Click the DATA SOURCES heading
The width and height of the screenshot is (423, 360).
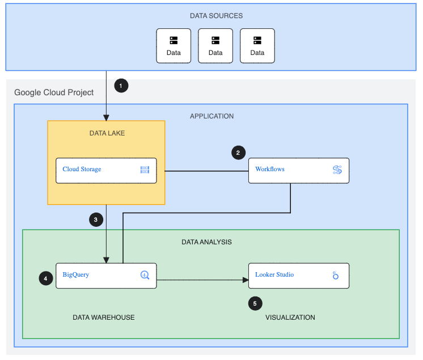coord(216,16)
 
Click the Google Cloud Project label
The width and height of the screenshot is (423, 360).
coord(54,92)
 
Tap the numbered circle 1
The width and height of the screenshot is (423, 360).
coord(121,86)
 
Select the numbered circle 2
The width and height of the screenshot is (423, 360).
coord(239,153)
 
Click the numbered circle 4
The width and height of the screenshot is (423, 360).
coord(46,278)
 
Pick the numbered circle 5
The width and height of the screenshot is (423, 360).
coord(255,303)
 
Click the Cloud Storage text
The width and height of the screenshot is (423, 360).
coord(82,169)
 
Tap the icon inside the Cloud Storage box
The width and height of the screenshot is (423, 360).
coord(145,170)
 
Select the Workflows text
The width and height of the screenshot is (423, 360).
coord(270,169)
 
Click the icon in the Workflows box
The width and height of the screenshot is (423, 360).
coord(337,170)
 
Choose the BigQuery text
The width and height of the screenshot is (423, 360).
coord(76,275)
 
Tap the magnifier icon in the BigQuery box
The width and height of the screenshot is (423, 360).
coord(145,276)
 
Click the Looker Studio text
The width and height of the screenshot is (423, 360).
coord(274,275)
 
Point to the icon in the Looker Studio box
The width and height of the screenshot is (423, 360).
coord(336,276)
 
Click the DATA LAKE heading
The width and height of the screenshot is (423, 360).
coord(107,133)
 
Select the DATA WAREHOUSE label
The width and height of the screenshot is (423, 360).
coord(104,317)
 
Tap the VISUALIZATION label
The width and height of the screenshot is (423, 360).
coord(290,317)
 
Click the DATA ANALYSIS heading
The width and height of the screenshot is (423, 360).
coord(206,242)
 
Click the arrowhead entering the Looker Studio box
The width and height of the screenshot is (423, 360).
coord(246,279)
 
